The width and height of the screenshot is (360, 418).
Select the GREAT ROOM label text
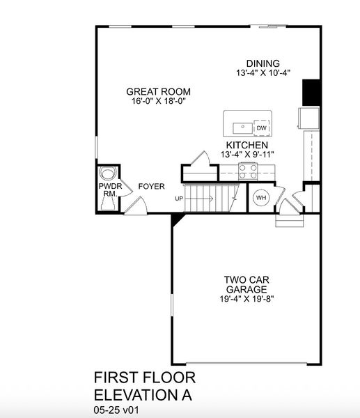[158, 91]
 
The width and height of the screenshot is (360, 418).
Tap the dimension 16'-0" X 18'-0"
[158, 101]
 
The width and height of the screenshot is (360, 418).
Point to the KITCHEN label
[243, 144]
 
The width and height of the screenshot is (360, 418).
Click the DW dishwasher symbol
[261, 128]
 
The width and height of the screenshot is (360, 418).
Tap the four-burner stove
[247, 171]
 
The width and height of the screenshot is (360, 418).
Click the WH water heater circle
[261, 198]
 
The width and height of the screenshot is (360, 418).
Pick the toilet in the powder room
[107, 174]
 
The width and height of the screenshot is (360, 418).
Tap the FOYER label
[151, 187]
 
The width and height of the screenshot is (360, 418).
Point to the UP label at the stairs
[180, 199]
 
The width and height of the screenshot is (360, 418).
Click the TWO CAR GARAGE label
[246, 285]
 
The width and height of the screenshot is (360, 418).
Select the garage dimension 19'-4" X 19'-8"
[246, 300]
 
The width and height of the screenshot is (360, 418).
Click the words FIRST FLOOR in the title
[144, 378]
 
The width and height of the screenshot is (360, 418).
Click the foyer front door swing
[139, 205]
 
